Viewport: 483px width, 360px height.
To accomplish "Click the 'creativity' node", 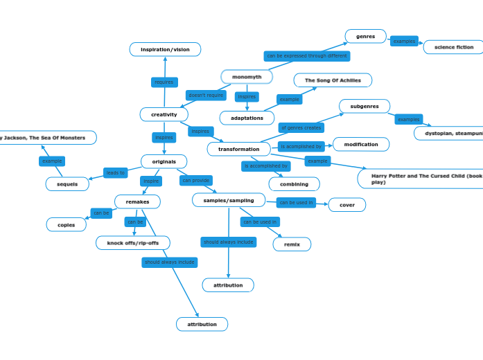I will tap(164, 114).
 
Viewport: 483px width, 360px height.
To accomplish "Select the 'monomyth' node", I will tap(247, 77).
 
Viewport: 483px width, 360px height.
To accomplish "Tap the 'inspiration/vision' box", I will tap(165, 49).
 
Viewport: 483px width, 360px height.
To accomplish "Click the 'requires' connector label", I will tap(164, 82).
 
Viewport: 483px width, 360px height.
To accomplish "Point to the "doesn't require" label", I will tap(206, 96).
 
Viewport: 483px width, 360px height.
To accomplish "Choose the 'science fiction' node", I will tap(453, 47).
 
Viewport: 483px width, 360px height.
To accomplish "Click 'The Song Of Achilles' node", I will tap(333, 80).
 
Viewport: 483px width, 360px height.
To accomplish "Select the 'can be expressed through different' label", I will tap(306, 56).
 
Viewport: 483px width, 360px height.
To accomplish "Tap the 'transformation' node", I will tap(238, 149).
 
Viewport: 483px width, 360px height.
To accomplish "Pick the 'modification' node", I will tap(361, 145).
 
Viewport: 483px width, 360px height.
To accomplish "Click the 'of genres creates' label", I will tap(301, 128).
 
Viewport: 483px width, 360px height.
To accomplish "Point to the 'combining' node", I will tap(294, 184).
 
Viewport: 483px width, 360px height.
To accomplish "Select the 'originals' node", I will tap(164, 161).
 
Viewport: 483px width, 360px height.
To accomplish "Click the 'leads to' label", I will tap(116, 173).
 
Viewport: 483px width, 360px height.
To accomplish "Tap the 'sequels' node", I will tap(67, 184).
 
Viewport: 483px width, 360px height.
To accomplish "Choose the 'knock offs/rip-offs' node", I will tap(133, 243).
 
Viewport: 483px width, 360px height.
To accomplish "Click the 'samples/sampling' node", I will tap(229, 200).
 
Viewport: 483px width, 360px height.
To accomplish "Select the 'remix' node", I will tap(292, 244).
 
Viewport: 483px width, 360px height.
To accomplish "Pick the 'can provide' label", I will tap(196, 181).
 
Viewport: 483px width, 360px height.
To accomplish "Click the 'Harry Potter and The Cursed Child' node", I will tap(423, 179).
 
